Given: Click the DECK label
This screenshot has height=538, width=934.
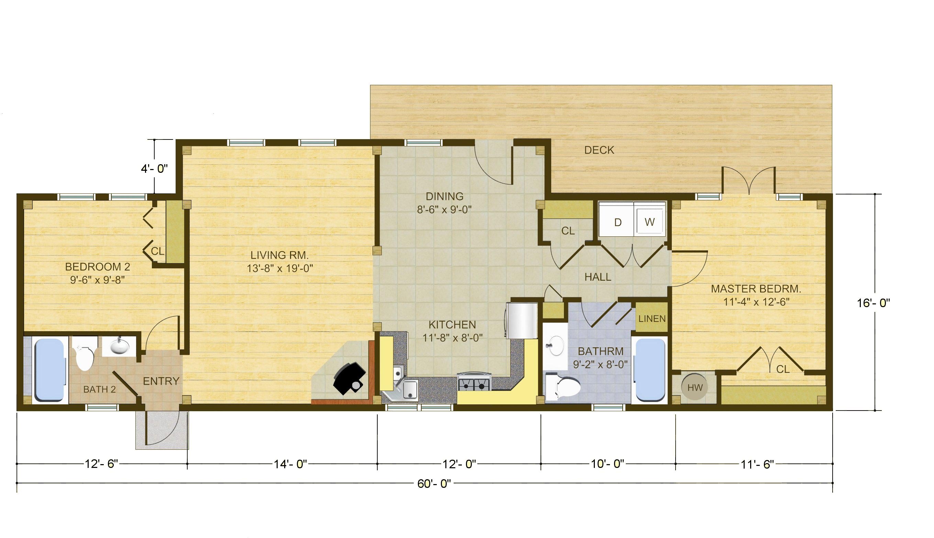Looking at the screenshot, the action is (599, 150).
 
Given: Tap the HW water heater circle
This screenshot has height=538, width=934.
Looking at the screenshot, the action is (695, 388).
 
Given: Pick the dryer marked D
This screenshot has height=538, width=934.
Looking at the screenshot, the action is (617, 219).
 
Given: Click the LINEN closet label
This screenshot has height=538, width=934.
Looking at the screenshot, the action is (652, 318).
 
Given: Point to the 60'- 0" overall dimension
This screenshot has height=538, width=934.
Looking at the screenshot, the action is (434, 484).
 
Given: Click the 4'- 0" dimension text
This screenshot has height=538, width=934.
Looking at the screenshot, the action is (154, 169).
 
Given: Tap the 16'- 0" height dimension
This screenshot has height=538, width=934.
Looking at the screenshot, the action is (874, 303).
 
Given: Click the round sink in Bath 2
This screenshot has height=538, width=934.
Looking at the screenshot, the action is (119, 346).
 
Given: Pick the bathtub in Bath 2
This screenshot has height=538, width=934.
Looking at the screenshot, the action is (49, 370).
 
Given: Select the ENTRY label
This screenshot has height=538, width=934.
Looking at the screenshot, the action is (161, 381).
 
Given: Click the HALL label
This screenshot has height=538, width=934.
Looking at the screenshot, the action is (598, 277).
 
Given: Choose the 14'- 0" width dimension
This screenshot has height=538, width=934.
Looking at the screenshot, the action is (290, 464).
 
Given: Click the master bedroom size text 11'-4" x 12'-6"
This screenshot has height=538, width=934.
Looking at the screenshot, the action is (756, 302).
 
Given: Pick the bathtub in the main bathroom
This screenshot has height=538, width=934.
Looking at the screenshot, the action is (651, 370).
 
